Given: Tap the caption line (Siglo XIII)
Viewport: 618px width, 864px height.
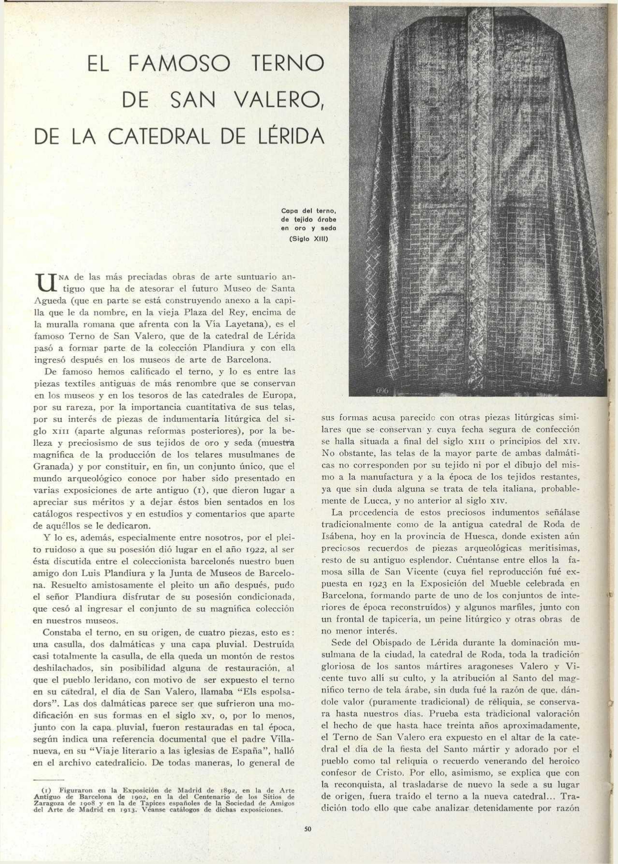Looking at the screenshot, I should [x=309, y=238].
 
